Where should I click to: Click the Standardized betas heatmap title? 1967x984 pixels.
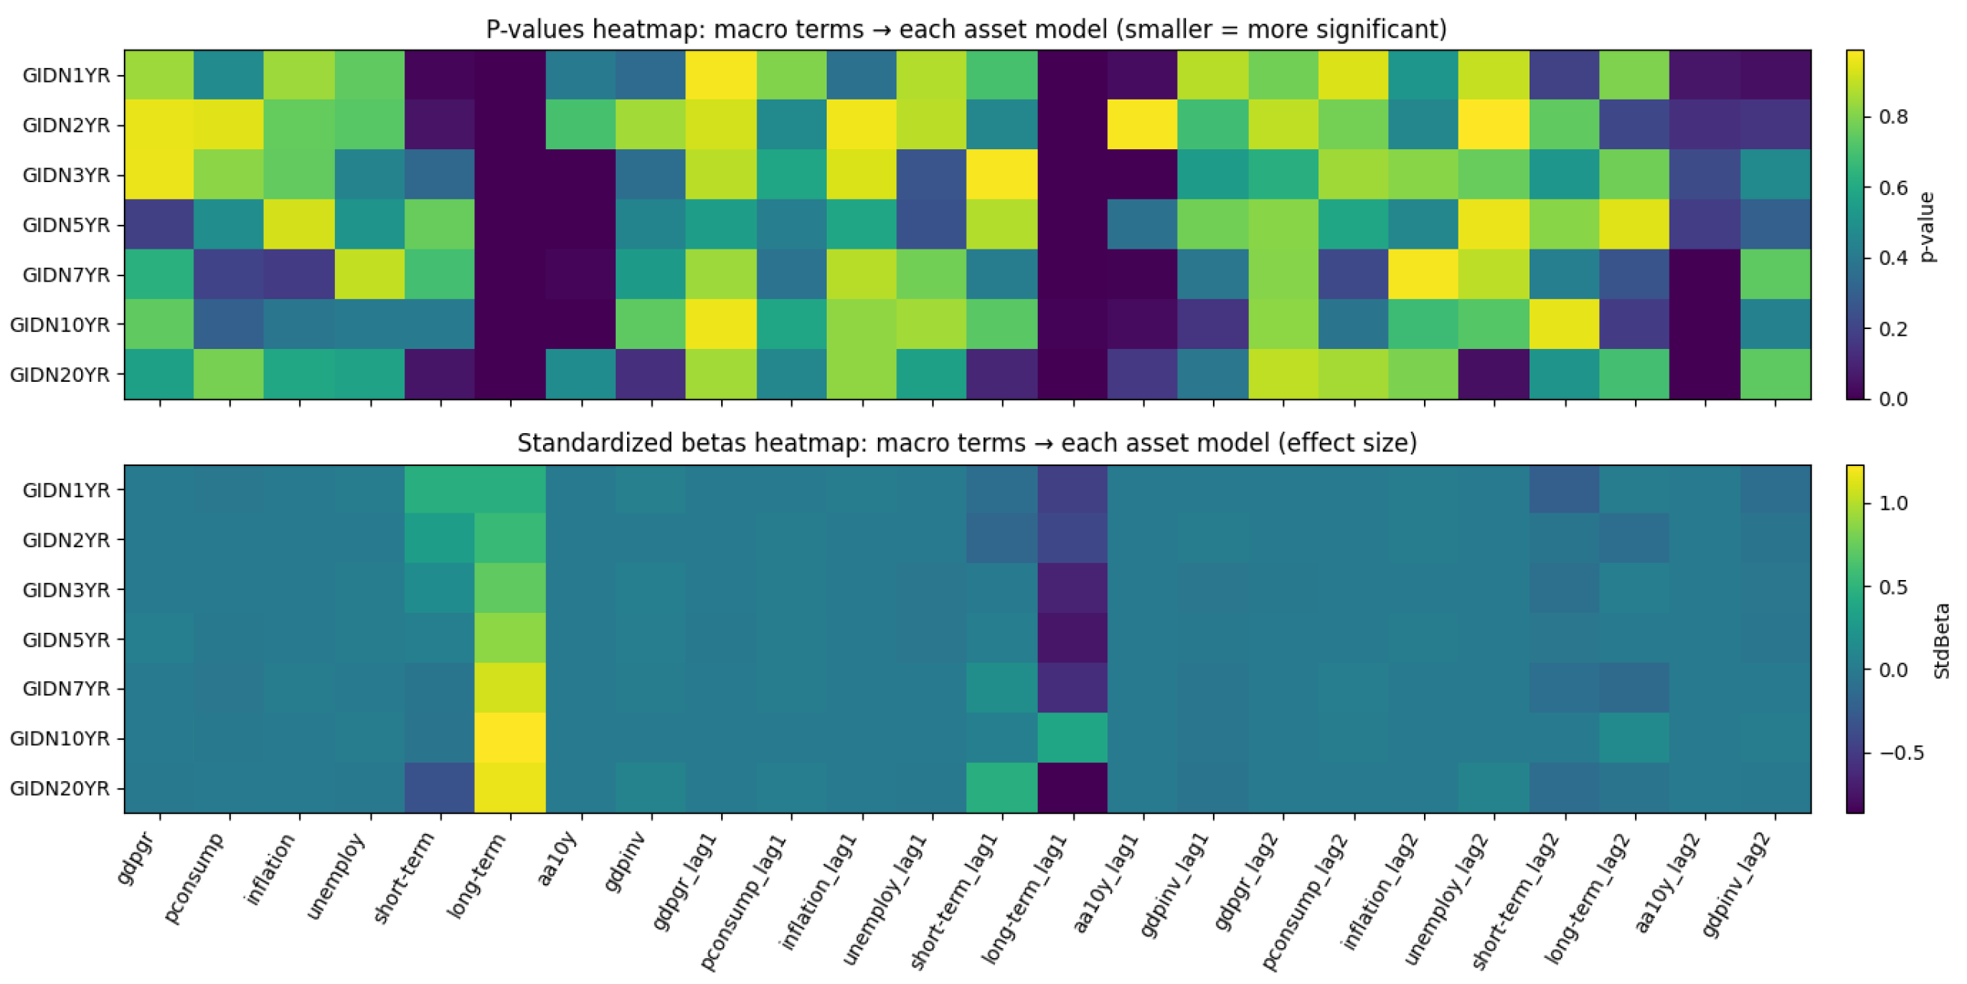pyautogui.click(x=967, y=443)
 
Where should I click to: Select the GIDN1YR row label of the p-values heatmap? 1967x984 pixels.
pyautogui.click(x=66, y=75)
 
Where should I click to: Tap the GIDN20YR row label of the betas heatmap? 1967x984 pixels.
pyautogui.click(x=60, y=788)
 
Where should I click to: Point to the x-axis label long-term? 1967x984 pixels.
pyautogui.click(x=477, y=876)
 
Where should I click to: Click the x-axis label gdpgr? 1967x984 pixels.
pyautogui.click(x=138, y=859)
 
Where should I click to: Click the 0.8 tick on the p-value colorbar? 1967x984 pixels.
pyautogui.click(x=1893, y=116)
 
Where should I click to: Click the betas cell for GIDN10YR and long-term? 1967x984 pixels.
pyautogui.click(x=510, y=738)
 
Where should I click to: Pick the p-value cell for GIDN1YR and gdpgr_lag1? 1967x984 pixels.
pyautogui.click(x=721, y=75)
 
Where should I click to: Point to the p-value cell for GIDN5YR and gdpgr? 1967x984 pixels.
pyautogui.click(x=159, y=224)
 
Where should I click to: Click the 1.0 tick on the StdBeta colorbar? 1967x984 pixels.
pyautogui.click(x=1893, y=503)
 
